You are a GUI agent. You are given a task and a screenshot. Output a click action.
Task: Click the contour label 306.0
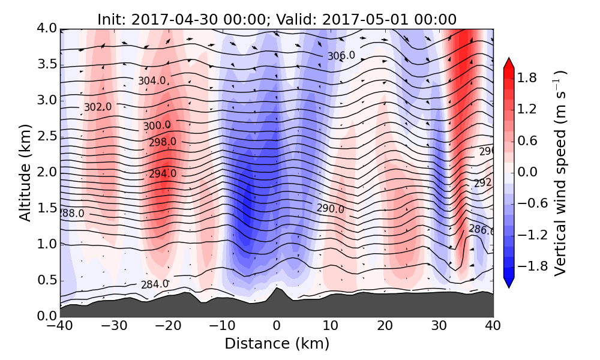click(x=341, y=56)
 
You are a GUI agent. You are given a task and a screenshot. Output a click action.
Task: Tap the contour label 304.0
click(x=152, y=80)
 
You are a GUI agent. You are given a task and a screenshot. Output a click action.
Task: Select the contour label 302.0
click(x=98, y=107)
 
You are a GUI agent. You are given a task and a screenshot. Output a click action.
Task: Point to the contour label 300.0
click(x=157, y=125)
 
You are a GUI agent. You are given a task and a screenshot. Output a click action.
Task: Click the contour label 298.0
click(x=163, y=142)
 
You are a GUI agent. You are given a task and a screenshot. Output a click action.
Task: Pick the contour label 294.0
click(x=163, y=173)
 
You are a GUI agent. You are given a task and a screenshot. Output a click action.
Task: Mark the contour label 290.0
click(x=331, y=209)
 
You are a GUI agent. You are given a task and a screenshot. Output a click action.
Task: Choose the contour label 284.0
click(x=155, y=284)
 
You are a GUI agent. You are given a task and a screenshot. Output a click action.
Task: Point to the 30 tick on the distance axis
click(x=439, y=327)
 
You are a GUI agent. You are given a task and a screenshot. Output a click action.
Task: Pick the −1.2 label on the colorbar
click(x=529, y=235)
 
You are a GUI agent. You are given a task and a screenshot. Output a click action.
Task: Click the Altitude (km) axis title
click(x=25, y=172)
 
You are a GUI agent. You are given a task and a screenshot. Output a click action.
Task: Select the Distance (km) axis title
click(x=277, y=344)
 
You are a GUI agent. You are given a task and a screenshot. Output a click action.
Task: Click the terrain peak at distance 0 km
click(x=276, y=289)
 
